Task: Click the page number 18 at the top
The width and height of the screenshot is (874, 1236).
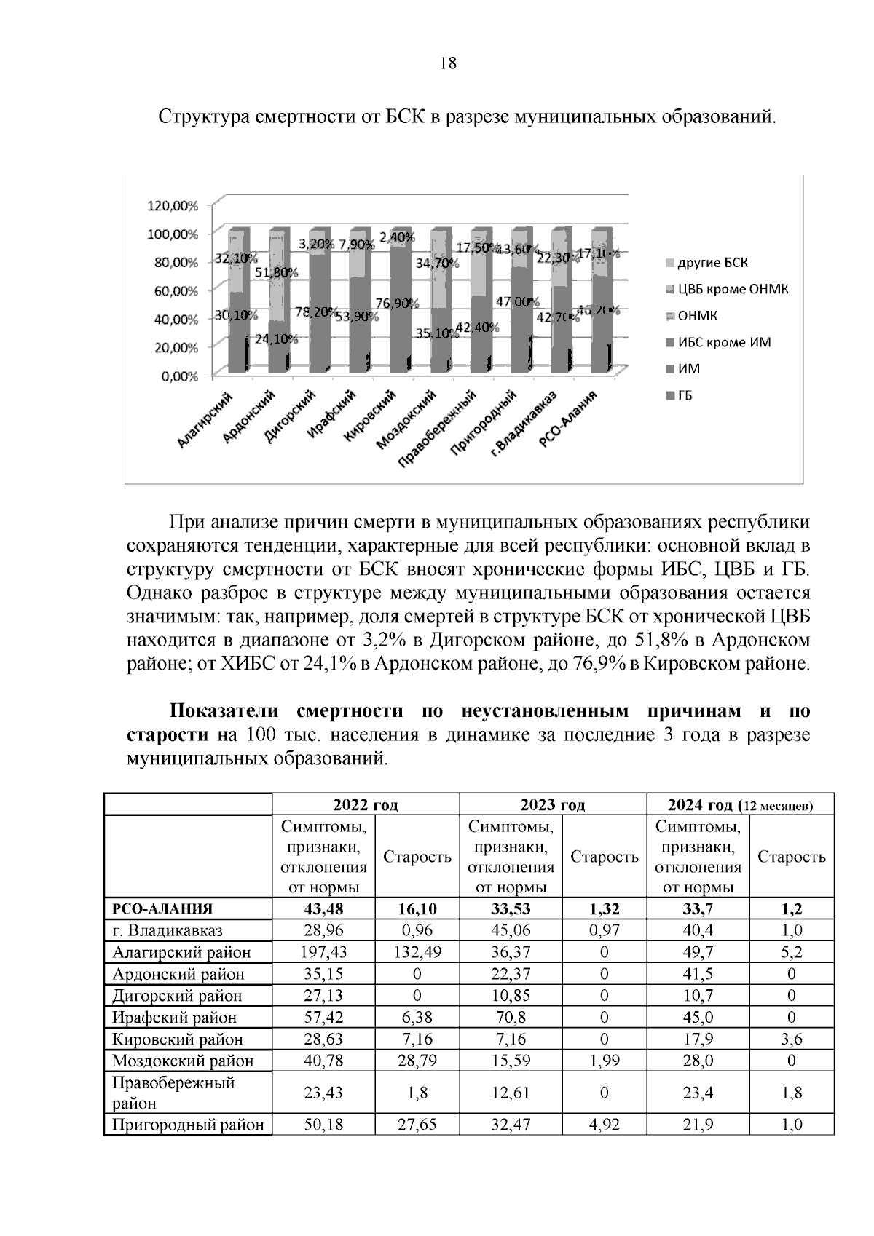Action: pos(449,63)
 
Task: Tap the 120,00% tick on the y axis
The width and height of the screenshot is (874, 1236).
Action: pos(173,205)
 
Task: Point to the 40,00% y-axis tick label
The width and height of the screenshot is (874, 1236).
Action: pos(173,319)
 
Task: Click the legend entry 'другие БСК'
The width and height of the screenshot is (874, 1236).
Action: pos(712,263)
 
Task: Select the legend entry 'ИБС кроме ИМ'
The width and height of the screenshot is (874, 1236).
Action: pos(724,342)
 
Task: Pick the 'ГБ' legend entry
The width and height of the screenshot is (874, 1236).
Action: pos(685,395)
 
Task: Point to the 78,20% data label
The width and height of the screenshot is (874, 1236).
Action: pos(315,312)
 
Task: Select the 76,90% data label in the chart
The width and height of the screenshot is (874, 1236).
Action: pos(394,304)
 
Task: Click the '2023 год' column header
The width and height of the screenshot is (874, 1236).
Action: pos(553,805)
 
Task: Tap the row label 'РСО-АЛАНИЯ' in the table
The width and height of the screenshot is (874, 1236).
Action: pos(162,908)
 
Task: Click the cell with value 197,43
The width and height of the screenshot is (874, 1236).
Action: pos(323,952)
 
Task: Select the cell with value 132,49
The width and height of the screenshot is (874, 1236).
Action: pos(417,952)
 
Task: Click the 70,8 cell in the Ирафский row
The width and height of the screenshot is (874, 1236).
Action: pos(511,1017)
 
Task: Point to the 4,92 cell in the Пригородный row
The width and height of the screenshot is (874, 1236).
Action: pos(604,1125)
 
